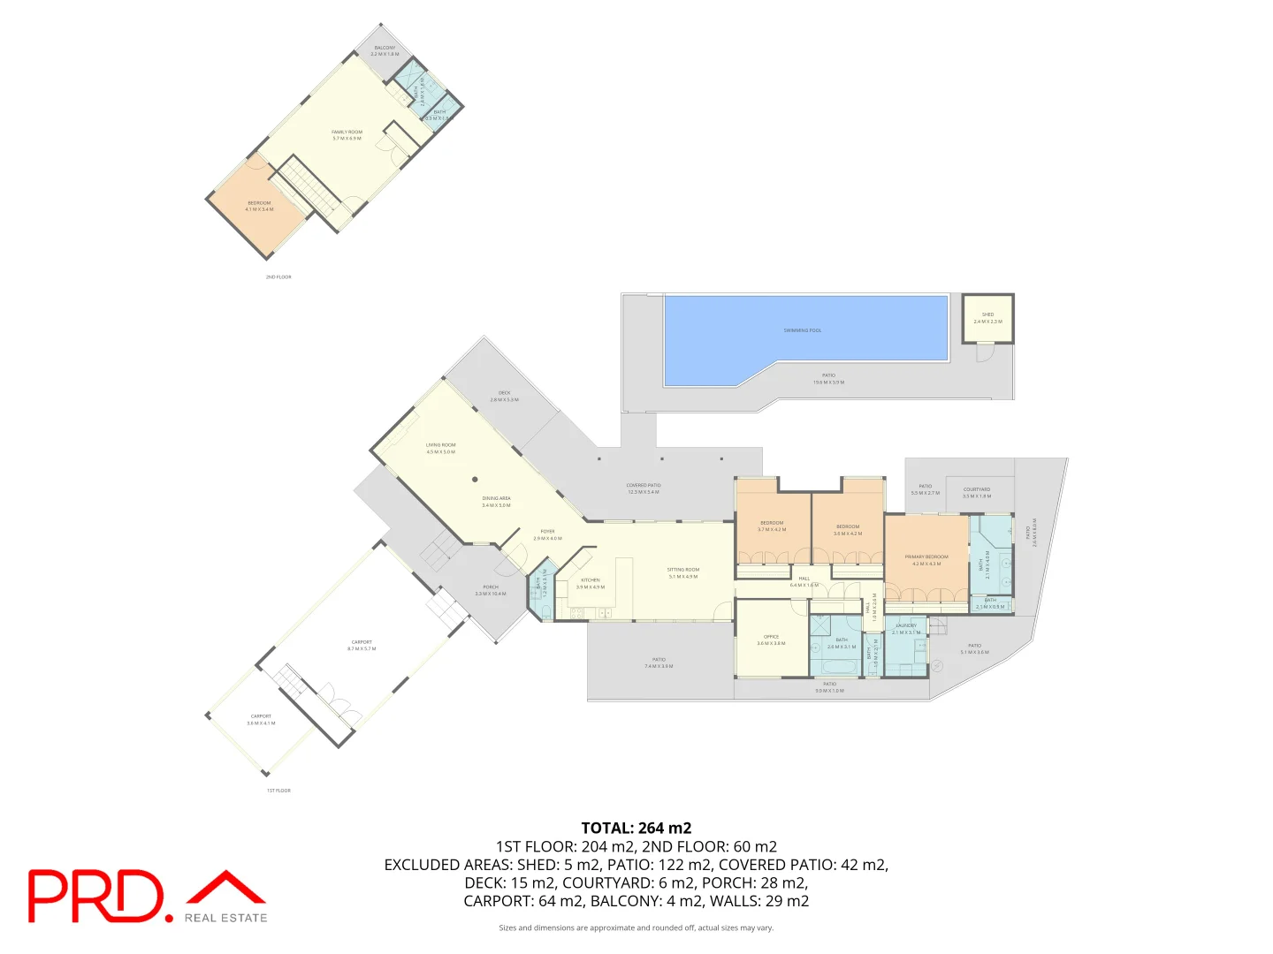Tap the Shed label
[x=987, y=315]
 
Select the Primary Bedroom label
[x=926, y=557]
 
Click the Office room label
[x=771, y=637]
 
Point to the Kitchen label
[x=591, y=580]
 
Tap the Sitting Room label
[x=683, y=570]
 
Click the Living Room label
[x=440, y=445]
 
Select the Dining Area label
[x=496, y=499]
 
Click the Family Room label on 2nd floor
[x=347, y=132]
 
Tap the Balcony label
[x=385, y=49]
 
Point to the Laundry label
[x=906, y=625]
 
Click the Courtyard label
[x=977, y=489]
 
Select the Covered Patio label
[x=644, y=486]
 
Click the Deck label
[x=504, y=393]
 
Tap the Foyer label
[x=548, y=532]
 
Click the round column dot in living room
[x=475, y=480]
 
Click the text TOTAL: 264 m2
[x=636, y=828]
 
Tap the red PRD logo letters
[x=95, y=896]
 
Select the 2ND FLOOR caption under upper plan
[x=278, y=277]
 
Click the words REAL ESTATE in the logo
[x=225, y=919]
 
